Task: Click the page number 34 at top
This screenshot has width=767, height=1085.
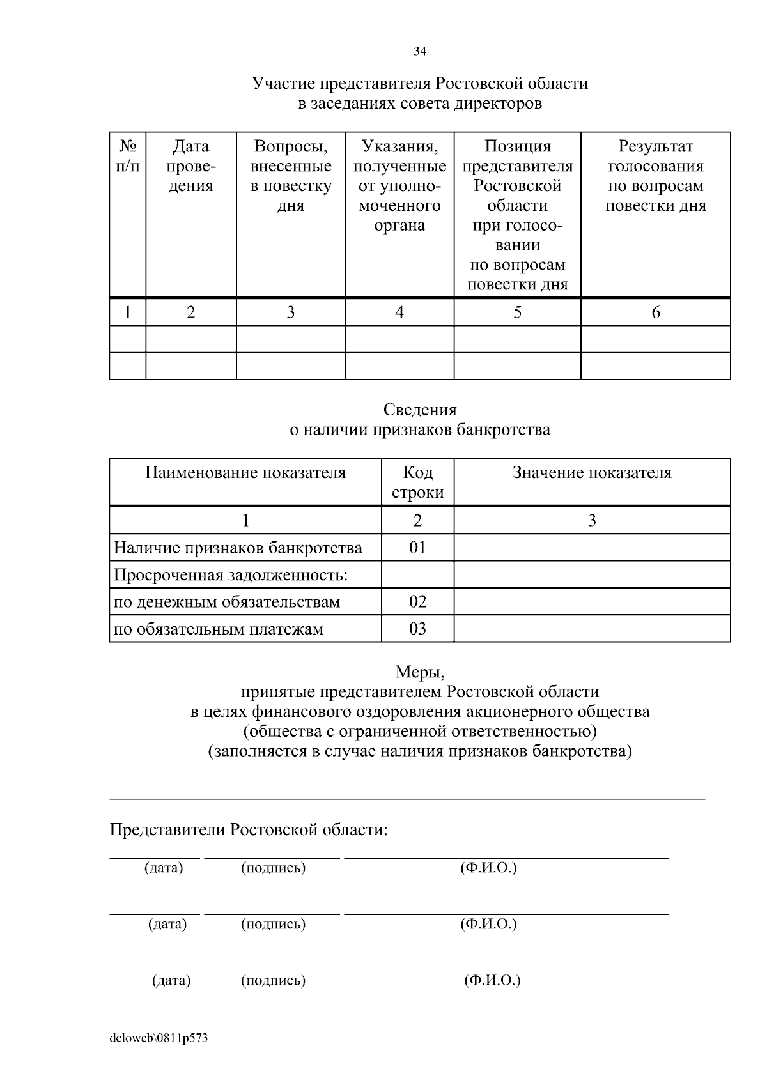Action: point(419,52)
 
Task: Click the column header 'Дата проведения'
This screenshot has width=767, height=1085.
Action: point(191,166)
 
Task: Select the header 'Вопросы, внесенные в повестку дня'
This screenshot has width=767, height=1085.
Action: point(291,176)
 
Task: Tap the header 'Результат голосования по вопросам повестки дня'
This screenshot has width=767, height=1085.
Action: point(655,176)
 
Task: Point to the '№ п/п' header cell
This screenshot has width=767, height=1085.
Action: point(127,156)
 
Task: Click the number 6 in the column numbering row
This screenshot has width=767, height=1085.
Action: point(655,312)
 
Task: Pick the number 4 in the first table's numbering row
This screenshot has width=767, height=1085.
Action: point(399,312)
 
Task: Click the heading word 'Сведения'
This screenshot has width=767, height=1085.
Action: point(420,410)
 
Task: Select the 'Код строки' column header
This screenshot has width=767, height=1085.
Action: point(417,482)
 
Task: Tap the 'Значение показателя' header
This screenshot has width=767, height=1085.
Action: point(592,473)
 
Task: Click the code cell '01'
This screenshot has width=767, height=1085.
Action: point(417,548)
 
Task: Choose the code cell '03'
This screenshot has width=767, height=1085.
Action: point(417,629)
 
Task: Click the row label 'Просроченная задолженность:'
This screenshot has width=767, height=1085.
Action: point(231,575)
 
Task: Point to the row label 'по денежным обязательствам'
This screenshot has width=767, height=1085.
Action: point(227,602)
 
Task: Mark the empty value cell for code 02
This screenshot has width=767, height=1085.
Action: point(592,602)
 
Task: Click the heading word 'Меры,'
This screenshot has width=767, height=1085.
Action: point(420,672)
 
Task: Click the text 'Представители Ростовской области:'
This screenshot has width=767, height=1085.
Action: point(249,830)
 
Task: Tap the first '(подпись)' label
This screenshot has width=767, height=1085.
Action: point(273,868)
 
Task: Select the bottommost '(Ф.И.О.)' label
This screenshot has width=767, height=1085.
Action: point(492,980)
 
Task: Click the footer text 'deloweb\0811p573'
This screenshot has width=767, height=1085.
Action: point(159,1038)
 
